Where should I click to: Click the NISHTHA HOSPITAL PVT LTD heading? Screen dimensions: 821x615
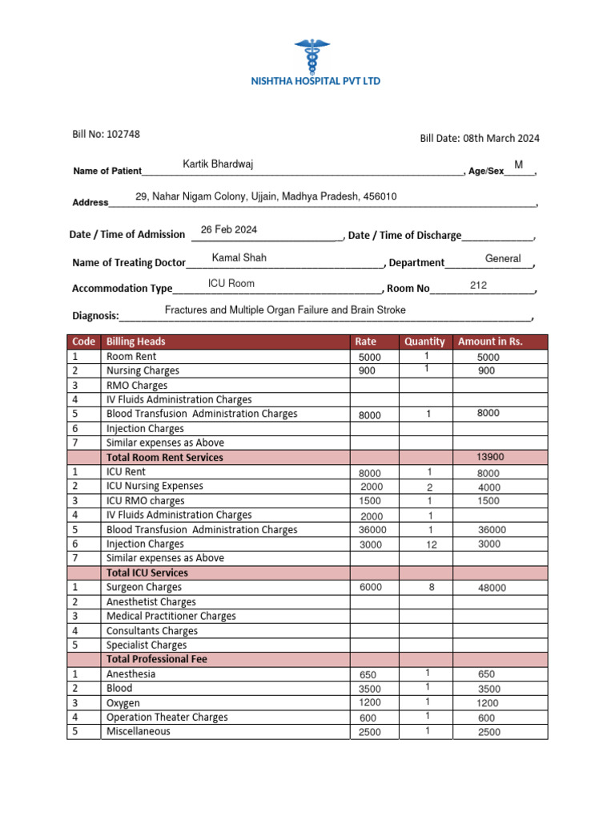click(x=316, y=81)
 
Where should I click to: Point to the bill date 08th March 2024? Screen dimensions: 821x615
click(x=501, y=138)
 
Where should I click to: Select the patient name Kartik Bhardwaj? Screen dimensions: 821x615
click(x=218, y=164)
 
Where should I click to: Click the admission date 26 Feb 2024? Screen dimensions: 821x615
click(x=229, y=230)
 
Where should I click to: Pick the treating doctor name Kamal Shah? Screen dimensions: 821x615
click(x=239, y=258)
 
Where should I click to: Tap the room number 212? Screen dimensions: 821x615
click(x=478, y=285)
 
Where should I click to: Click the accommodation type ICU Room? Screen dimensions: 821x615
click(x=231, y=284)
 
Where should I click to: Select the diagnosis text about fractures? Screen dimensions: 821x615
click(x=285, y=310)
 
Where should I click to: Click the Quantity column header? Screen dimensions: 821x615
click(x=424, y=342)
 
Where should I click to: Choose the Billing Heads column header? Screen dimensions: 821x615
click(x=136, y=342)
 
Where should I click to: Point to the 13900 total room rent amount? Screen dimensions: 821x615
click(x=490, y=457)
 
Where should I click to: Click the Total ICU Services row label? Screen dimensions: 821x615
click(x=147, y=572)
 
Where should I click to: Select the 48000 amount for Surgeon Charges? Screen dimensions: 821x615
click(x=492, y=588)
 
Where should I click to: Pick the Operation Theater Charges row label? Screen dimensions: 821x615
click(x=167, y=718)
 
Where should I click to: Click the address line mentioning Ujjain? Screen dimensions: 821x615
click(x=266, y=197)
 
